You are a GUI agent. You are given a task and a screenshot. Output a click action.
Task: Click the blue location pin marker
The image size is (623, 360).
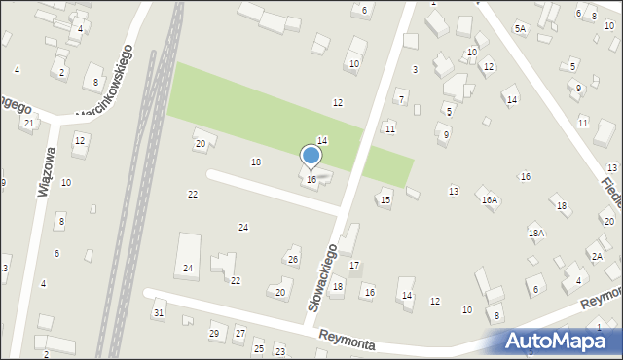pos(311,157)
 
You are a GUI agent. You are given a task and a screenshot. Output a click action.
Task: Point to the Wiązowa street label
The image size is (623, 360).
pos(45,172)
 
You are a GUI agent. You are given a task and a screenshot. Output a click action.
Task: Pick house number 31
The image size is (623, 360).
pos(158,312)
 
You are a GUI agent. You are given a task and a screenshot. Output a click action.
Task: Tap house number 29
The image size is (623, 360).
pos(214,334)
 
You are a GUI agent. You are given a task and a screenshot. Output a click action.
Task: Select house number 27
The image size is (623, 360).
pos(239,334)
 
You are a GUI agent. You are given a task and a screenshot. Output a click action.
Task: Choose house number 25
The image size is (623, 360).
pos(258,348)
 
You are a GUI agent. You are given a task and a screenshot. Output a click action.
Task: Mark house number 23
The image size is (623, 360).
pos(279,350)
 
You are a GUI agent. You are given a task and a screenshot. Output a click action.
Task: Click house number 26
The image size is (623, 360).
pos(293,259)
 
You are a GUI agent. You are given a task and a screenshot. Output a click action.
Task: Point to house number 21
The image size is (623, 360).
pos(29,123)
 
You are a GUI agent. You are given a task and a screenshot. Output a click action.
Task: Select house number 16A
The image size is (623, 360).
pos(489,199)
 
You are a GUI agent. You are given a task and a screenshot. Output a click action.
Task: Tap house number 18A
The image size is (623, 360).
pos(535,234)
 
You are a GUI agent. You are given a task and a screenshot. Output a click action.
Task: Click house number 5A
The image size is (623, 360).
pos(520,29)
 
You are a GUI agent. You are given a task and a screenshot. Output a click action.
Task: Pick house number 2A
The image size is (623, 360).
pos(596,257)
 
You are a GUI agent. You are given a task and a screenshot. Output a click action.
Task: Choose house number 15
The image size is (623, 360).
pos(385,200)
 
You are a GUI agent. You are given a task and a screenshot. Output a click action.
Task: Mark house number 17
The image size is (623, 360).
pos(354,265)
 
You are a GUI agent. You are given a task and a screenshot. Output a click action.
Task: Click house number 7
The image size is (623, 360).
pos(401,99)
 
